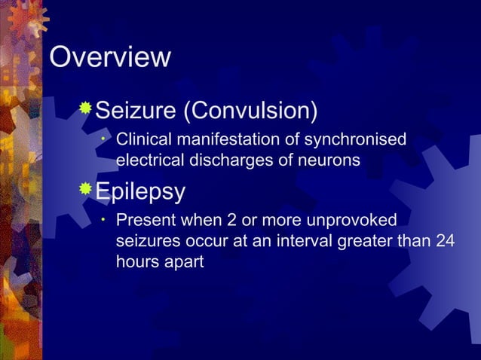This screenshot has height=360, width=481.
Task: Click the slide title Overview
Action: (110, 58)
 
